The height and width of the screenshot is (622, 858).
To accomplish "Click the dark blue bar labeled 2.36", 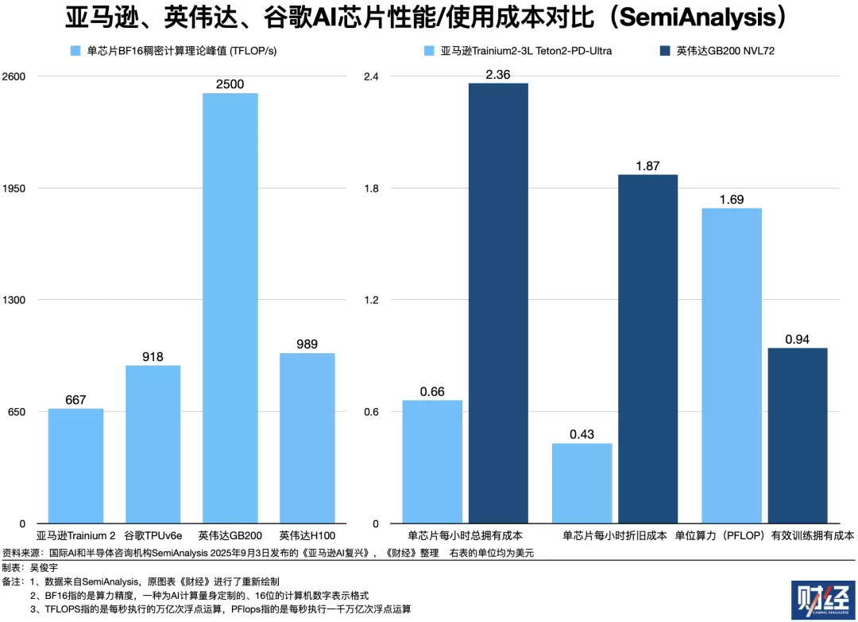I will coord(498,303).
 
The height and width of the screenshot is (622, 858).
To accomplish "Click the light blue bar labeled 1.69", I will coord(731,365).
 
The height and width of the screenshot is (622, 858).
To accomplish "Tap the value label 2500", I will coord(230,84).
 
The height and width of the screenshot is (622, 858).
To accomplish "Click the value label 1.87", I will coord(647,165).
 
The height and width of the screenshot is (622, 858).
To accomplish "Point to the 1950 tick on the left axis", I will coord(15,189).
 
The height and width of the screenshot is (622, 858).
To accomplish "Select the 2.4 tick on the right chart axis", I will coord(371,76).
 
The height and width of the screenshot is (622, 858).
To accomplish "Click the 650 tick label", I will coord(17,412).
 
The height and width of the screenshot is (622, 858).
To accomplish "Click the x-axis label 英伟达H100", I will coord(307,536).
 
